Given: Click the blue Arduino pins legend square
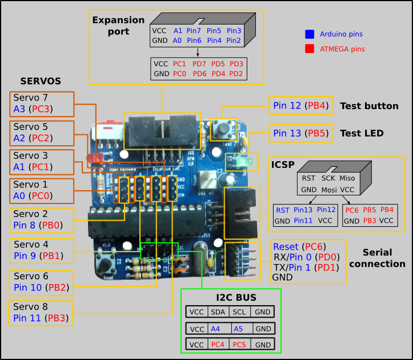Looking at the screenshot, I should [x=310, y=34].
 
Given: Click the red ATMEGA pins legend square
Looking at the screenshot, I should [x=310, y=49].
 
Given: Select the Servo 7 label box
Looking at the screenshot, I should [x=41, y=103].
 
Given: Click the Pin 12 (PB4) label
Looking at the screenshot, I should [x=299, y=106].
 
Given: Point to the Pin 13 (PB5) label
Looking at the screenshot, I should [x=299, y=134].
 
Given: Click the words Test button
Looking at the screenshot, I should [x=369, y=106].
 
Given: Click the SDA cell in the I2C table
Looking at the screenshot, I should [x=218, y=313].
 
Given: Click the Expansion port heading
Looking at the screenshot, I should [x=119, y=25].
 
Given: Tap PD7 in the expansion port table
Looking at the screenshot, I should [x=199, y=63].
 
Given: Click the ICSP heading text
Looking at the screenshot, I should [x=283, y=165].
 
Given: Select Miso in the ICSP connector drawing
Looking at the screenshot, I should [x=347, y=178].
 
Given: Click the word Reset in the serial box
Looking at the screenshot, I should [x=286, y=247].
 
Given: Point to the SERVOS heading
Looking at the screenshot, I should [x=41, y=81].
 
